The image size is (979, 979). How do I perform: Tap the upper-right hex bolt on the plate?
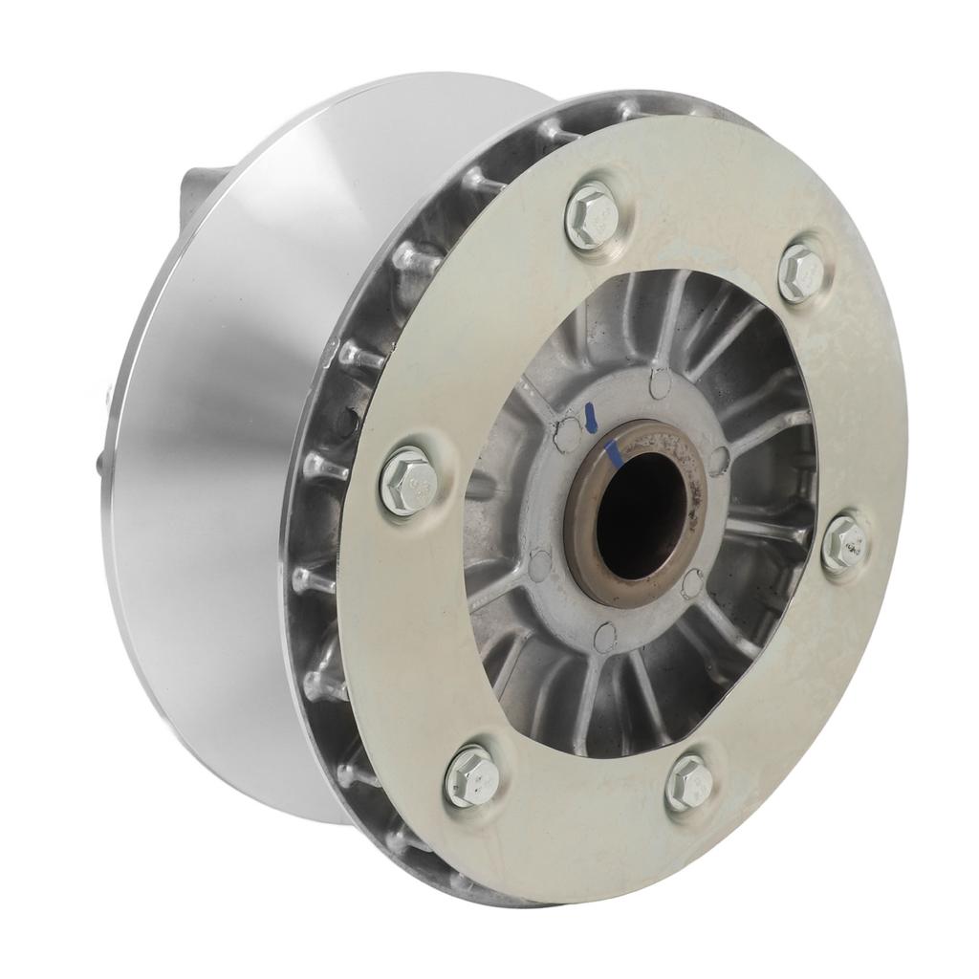click(x=800, y=272)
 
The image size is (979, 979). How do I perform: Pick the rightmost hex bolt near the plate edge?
click(x=844, y=542)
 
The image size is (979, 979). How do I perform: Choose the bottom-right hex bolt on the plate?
click(x=688, y=781)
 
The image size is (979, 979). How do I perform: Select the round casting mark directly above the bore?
click(x=660, y=383)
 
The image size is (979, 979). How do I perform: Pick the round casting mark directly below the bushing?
click(x=604, y=636)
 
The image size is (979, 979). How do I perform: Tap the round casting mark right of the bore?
click(x=720, y=458)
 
